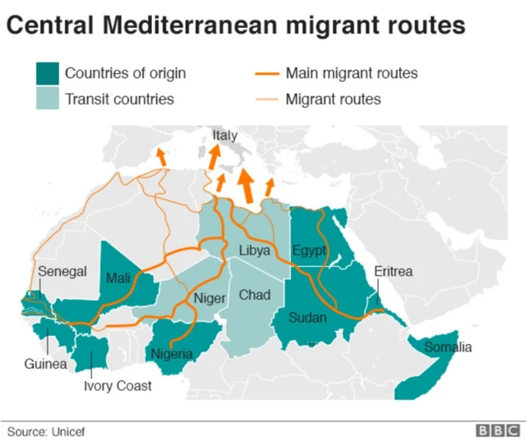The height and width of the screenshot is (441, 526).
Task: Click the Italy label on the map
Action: point(224,135)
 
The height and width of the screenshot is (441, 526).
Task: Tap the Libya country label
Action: point(255,250)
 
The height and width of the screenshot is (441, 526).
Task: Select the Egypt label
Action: point(309,250)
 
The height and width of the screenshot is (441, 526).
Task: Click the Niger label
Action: point(210,298)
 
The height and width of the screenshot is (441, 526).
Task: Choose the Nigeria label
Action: point(172,354)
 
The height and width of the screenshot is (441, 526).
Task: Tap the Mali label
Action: point(118,278)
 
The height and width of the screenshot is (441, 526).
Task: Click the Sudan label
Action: point(307,318)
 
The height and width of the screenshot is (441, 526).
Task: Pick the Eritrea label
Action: point(393,272)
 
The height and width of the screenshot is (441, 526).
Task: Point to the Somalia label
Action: point(448,347)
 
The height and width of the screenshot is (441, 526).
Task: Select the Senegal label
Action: point(62,271)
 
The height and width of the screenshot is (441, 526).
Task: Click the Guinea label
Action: point(45,364)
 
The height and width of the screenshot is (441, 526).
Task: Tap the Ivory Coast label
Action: point(118,384)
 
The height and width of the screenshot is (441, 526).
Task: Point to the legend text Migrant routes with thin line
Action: point(333,100)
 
